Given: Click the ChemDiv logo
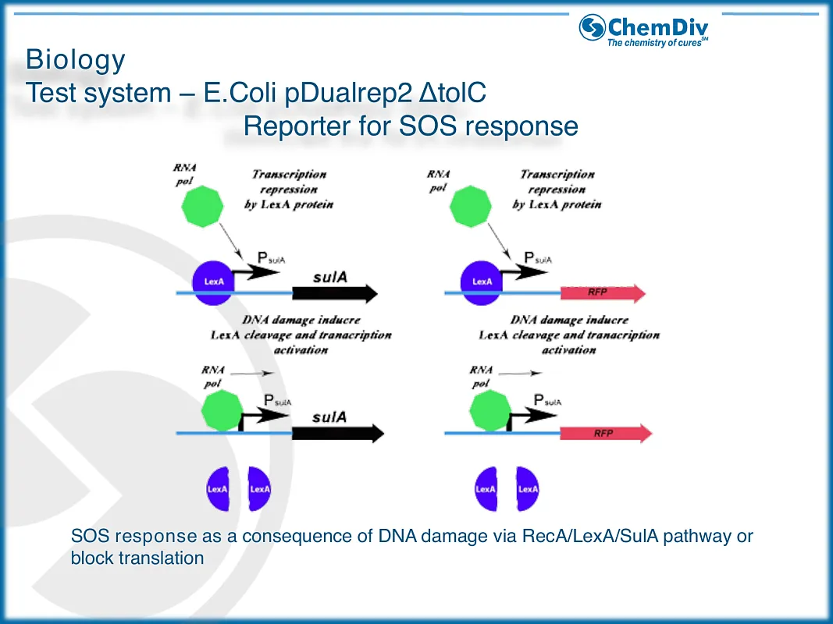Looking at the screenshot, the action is click(x=643, y=30).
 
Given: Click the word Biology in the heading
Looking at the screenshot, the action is click(x=76, y=59).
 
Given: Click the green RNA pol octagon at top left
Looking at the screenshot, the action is click(x=202, y=207).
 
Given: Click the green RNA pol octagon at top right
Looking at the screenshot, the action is click(x=470, y=207).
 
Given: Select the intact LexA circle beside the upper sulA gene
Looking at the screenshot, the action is click(x=213, y=282).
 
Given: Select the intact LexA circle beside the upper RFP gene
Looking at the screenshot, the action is click(x=482, y=282).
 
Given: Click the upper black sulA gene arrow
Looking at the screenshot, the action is click(x=335, y=293).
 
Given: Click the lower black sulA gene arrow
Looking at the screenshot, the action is click(x=338, y=433).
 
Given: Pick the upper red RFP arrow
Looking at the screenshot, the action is click(x=603, y=293).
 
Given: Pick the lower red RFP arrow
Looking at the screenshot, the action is click(x=606, y=433).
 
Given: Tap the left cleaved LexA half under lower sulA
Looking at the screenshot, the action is click(x=218, y=489).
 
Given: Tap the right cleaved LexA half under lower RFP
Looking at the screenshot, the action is click(x=528, y=489).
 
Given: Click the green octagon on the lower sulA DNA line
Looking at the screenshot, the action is click(x=222, y=410).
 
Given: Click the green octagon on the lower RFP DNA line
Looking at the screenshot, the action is click(x=490, y=410).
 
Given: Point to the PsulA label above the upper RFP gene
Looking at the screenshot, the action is click(x=538, y=258).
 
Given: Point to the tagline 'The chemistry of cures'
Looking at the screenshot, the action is click(x=657, y=43).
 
